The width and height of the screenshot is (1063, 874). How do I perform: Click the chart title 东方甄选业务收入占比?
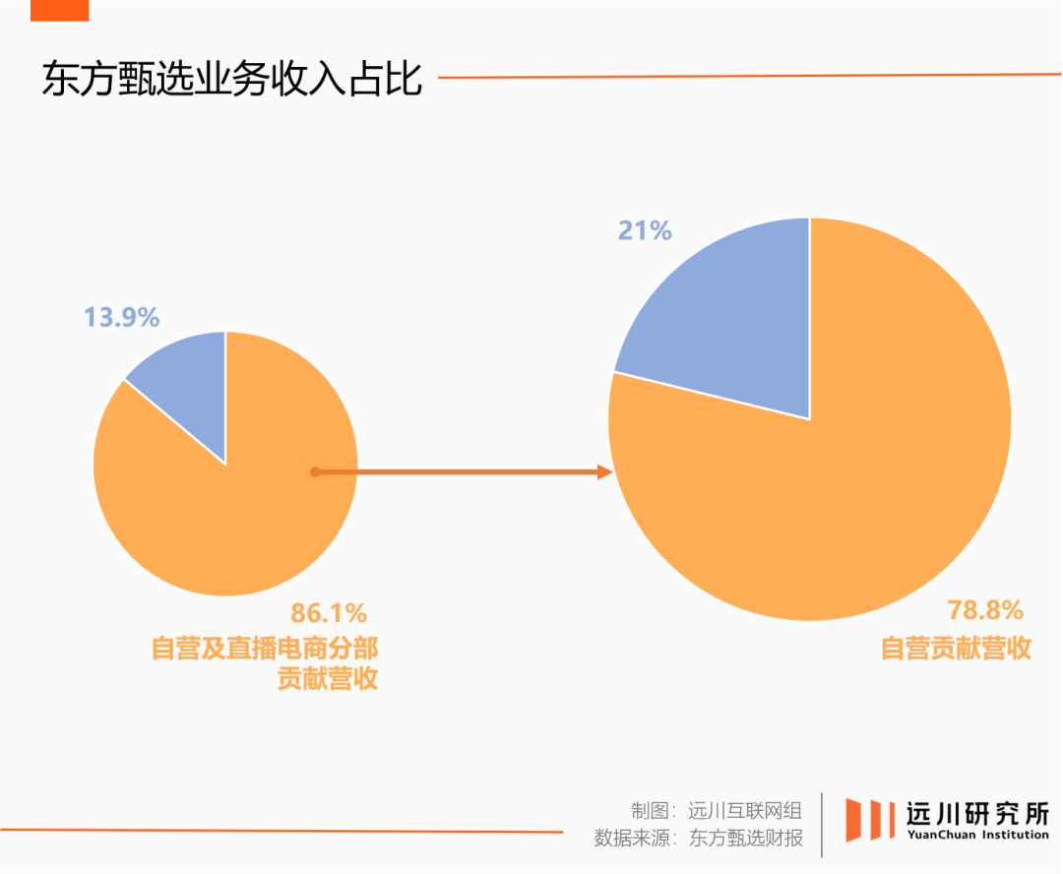pos(232,79)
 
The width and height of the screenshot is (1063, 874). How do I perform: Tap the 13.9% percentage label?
pos(121,317)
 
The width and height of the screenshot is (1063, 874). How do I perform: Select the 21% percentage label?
pos(645,230)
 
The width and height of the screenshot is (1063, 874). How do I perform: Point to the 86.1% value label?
pos(329,613)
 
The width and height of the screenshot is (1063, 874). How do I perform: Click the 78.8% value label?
pos(985,610)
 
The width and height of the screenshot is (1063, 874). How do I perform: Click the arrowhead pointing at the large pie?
pos(605,472)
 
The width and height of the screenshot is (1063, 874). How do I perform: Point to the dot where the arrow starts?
pos(315,472)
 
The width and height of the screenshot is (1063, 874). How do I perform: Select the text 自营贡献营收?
pos(955,649)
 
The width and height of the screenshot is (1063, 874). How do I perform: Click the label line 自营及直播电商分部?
pos(265,649)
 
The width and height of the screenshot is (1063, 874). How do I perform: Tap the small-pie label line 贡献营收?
pos(328,679)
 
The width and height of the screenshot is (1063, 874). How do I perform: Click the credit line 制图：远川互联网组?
pos(717,810)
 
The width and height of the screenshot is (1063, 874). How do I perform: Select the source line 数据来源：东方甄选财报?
pos(698,839)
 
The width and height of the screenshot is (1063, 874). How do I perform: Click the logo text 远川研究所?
pos(976,813)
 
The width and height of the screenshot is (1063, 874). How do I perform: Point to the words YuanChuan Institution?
pos(976,836)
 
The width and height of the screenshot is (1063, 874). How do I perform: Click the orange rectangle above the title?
pos(59,10)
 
